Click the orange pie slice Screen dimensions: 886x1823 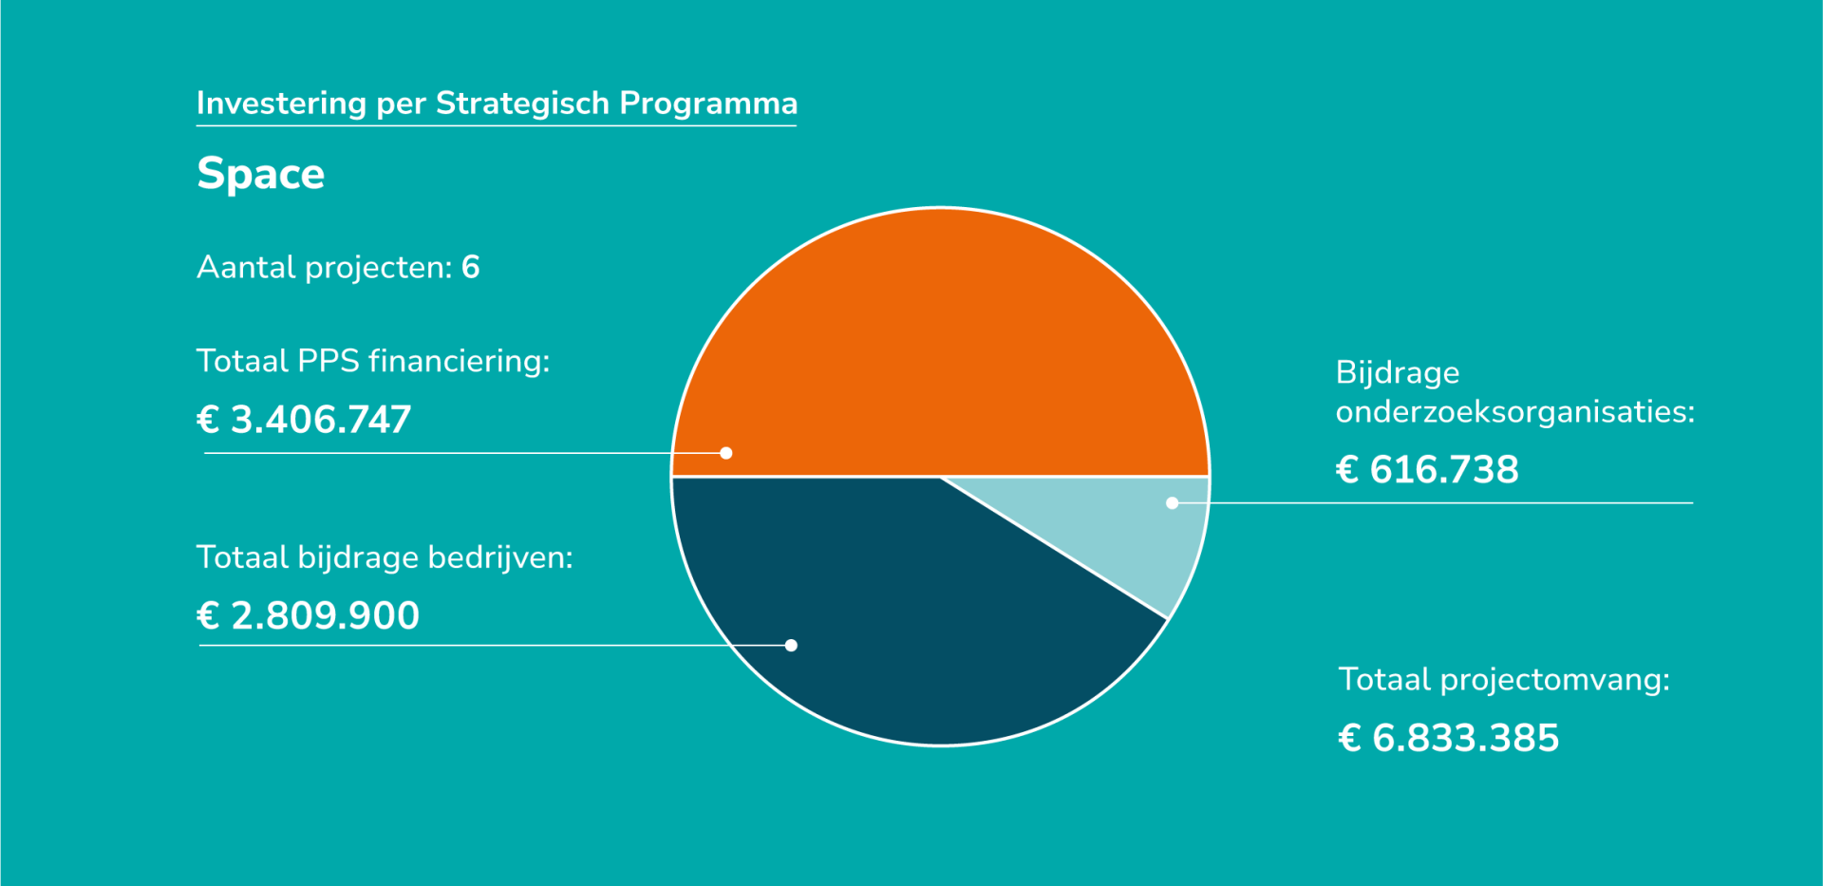coord(940,342)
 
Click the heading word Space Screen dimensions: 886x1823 coord(260,174)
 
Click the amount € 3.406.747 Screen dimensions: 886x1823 coord(304,420)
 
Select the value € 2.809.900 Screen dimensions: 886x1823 coord(308,615)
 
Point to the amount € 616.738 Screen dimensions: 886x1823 coord(1427,470)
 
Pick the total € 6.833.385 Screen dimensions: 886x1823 coord(1448,738)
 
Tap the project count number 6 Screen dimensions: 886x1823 coord(471,268)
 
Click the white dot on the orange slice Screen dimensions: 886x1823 coord(726,453)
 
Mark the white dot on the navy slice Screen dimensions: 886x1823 coord(791,645)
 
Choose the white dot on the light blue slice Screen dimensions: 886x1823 coord(1173,502)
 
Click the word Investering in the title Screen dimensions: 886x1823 coord(281,103)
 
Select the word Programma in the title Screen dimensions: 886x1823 coord(708,103)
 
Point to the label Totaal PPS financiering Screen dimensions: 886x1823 coord(373,361)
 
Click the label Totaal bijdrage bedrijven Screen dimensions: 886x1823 coord(385,557)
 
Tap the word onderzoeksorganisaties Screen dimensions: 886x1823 coord(1514,412)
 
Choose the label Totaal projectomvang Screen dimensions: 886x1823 coord(1504,680)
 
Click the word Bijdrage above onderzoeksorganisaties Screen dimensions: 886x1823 coord(1398,372)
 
